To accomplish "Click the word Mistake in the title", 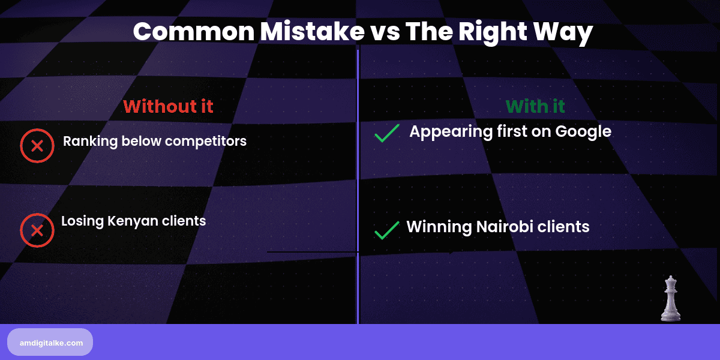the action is click(x=312, y=31).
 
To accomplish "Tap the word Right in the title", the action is click(x=493, y=32).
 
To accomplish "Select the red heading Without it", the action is click(x=168, y=106).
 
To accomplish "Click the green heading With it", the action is click(x=535, y=106).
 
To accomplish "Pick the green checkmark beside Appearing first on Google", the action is click(x=387, y=133).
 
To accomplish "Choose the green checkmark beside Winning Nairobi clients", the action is click(x=387, y=230).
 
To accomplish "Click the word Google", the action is click(x=583, y=132).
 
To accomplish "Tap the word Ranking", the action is click(x=91, y=142).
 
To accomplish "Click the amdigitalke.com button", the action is click(x=50, y=342).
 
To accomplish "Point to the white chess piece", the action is click(x=671, y=299).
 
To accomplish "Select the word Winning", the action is click(x=439, y=227).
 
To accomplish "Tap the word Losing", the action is click(x=82, y=221).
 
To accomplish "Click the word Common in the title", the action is click(x=194, y=32).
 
